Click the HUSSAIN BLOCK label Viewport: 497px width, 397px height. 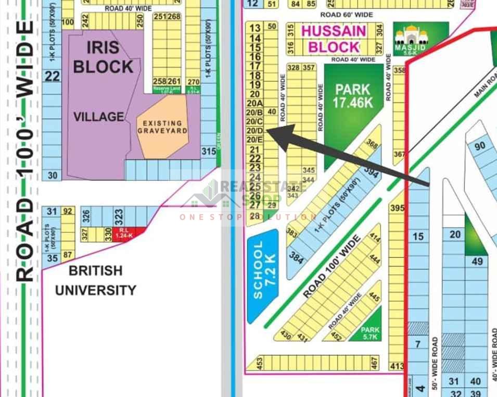(x=334, y=39)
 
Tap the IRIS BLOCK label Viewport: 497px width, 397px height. (x=103, y=57)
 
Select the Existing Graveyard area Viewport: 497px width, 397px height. (x=162, y=127)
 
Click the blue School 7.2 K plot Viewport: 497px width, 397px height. (x=263, y=276)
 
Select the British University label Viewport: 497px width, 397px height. (x=96, y=280)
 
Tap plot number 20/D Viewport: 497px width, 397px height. (x=254, y=130)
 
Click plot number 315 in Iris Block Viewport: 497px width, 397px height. (x=208, y=152)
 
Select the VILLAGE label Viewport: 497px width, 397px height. (x=98, y=117)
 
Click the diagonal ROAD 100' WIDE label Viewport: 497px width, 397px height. (x=331, y=267)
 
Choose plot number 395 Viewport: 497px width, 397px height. (x=397, y=208)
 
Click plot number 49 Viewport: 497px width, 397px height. (x=477, y=262)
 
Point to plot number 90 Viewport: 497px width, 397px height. (x=479, y=146)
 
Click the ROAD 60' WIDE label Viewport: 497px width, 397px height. (x=346, y=15)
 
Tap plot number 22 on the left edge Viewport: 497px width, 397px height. (x=52, y=77)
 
